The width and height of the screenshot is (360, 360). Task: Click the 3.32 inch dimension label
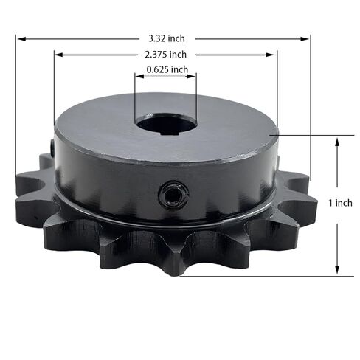point(167,38)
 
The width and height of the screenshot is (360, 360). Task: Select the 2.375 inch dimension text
point(166,55)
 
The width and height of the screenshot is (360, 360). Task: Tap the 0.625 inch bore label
point(167,69)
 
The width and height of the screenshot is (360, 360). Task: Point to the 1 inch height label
point(341,203)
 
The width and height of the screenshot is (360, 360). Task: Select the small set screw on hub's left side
point(52,147)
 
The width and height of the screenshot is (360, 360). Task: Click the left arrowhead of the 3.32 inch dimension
point(21,39)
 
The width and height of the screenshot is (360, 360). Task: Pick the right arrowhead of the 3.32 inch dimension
point(305,39)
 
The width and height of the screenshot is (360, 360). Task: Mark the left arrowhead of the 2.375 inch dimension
point(59,55)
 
